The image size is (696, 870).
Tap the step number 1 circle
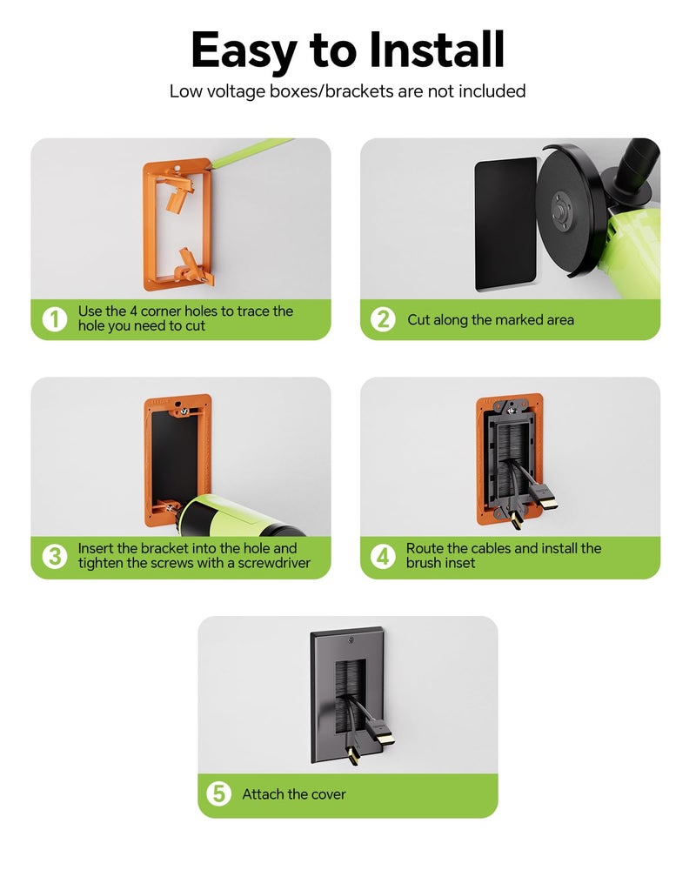55,319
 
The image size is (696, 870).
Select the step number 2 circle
383,319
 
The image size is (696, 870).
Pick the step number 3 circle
55,556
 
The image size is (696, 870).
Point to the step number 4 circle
383,556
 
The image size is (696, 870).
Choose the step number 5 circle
218,793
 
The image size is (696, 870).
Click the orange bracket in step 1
177,224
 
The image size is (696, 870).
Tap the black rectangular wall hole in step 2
505,224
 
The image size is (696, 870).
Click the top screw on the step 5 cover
351,641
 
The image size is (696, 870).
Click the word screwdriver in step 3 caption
274,563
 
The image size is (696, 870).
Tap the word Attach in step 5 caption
260,794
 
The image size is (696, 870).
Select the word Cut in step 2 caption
418,319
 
